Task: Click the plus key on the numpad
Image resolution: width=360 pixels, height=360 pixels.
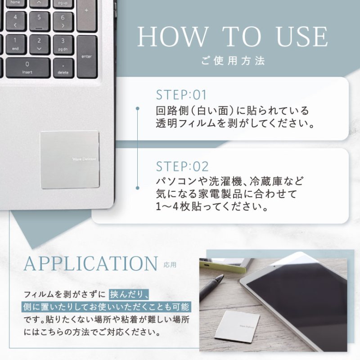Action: click(x=86, y=18)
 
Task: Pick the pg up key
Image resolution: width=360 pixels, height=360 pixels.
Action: click(x=63, y=3)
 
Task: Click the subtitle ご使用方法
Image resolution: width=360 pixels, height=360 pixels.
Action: click(x=233, y=60)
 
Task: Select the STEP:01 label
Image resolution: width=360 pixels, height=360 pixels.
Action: click(x=181, y=95)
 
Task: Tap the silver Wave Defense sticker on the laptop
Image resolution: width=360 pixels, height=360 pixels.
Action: click(x=69, y=160)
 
